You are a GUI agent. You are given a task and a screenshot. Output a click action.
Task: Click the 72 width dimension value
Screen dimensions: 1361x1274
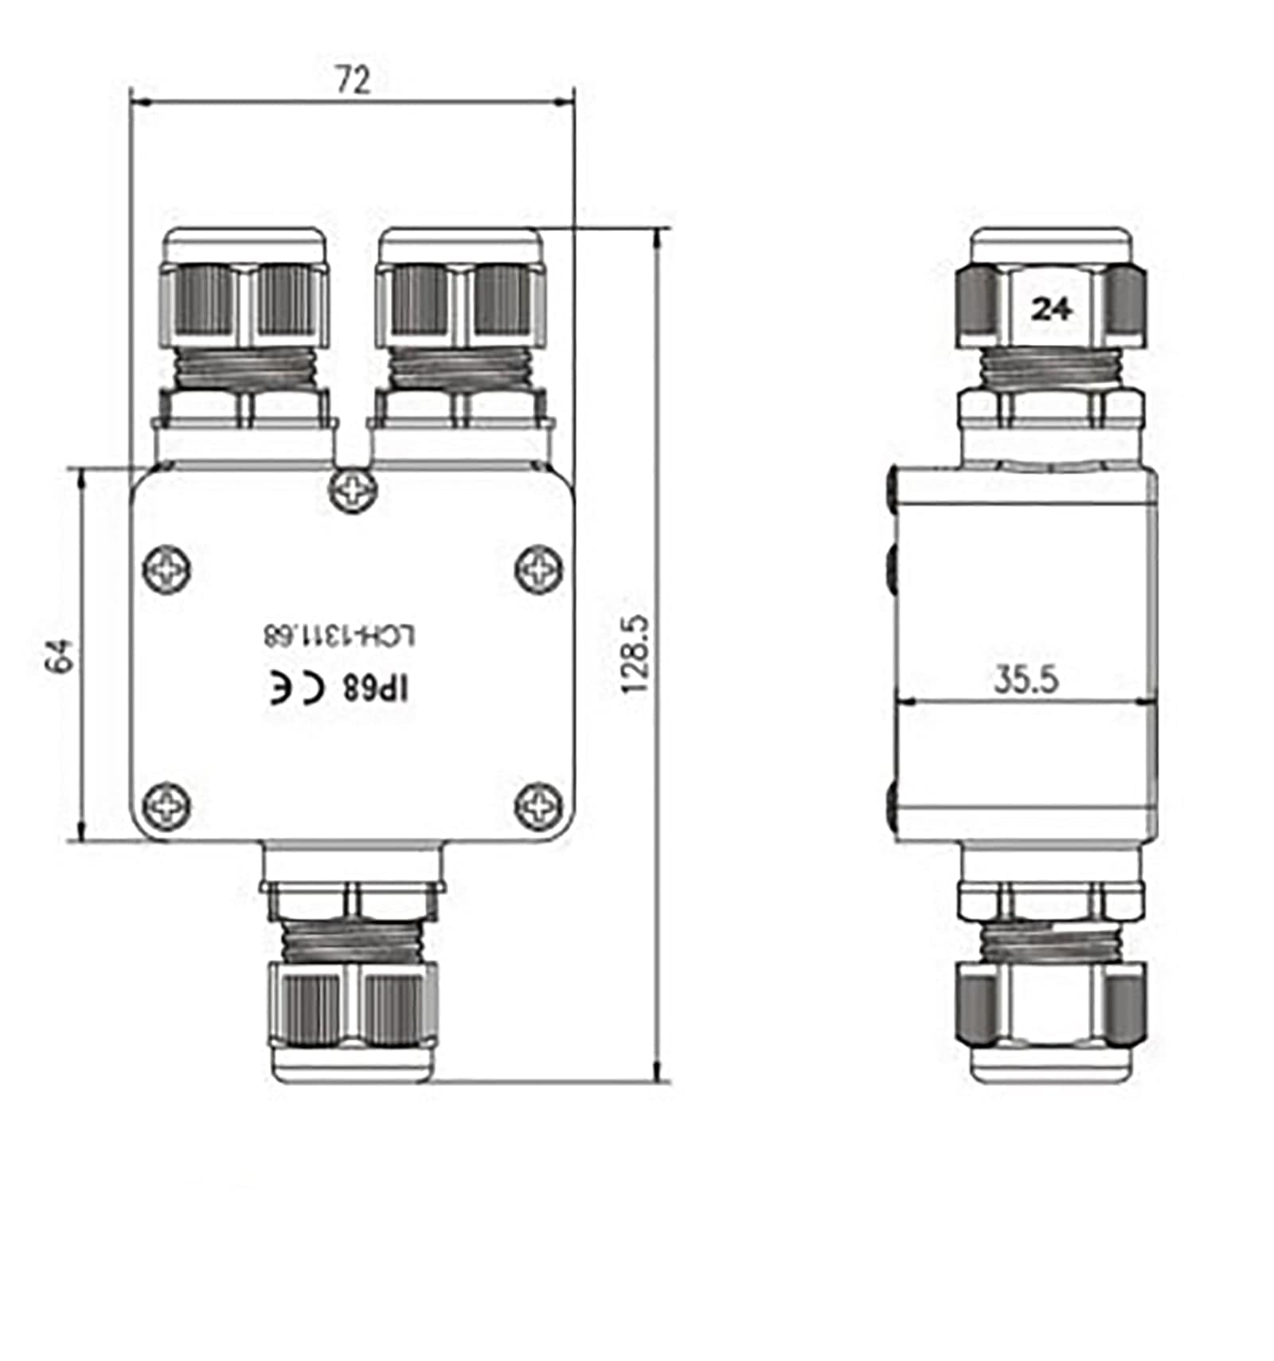tap(353, 80)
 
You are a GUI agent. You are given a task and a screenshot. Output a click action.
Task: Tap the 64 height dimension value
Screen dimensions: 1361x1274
tap(61, 655)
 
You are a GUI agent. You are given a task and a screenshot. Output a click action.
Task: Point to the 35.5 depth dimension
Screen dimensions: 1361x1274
tap(1026, 679)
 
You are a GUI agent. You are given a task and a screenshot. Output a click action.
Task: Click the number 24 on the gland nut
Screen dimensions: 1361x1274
tap(1052, 308)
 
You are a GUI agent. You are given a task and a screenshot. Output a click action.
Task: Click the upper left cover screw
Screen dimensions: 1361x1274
tap(166, 569)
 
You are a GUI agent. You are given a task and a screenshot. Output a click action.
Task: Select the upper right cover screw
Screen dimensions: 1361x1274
tap(540, 569)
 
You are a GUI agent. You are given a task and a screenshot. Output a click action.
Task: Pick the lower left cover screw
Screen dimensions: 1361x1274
tap(166, 805)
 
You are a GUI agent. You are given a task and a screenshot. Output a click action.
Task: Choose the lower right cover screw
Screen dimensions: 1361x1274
tap(540, 805)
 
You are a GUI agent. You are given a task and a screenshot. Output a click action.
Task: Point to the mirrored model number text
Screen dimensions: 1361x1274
tap(340, 636)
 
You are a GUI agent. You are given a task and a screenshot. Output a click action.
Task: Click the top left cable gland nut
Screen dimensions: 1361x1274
tap(245, 303)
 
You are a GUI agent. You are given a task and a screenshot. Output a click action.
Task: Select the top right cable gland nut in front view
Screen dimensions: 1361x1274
tap(460, 303)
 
